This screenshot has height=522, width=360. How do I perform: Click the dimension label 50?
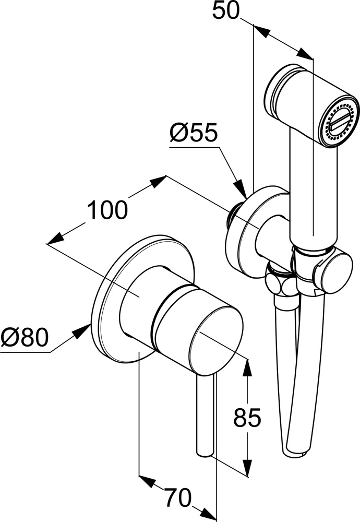coord(226,10)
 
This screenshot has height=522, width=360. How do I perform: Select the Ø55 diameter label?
coord(193,134)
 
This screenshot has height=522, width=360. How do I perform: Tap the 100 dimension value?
coord(107,210)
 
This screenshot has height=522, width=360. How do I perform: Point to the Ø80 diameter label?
coord(25,338)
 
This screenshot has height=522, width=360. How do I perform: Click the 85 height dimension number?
coord(247,418)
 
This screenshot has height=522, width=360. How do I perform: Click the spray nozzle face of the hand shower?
coord(340,123)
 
